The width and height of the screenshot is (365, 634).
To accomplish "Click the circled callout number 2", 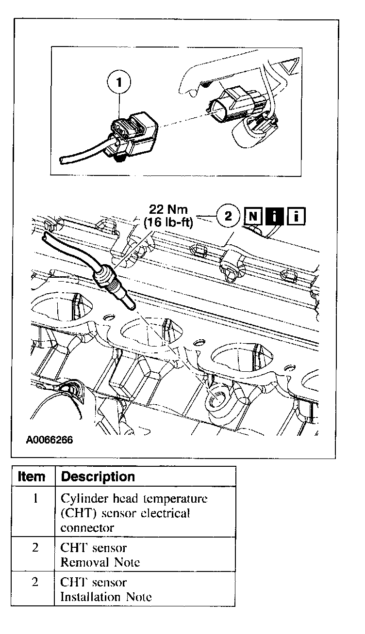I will tap(228, 216).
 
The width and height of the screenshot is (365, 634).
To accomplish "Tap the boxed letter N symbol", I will tap(253, 216).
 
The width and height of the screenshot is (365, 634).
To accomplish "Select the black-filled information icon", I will tap(275, 216).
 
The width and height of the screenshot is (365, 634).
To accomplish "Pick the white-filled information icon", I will tap(296, 216).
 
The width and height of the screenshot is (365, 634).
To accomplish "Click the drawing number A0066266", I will tap(50, 441).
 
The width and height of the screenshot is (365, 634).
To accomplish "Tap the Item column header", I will tap(32, 476).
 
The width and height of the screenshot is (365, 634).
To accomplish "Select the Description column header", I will tap(99, 476).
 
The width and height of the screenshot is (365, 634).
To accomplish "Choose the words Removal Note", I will tap(100, 562).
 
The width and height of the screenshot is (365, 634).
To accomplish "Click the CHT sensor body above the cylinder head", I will tap(115, 290).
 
